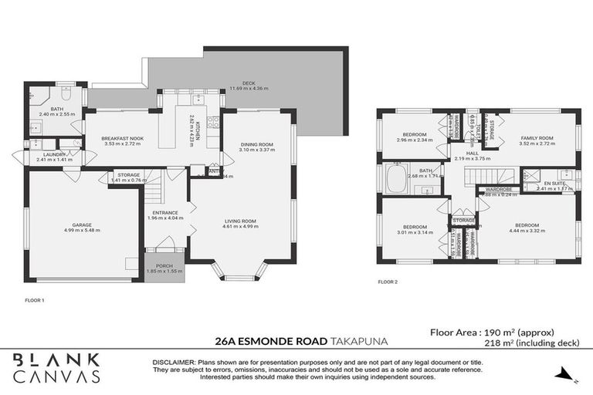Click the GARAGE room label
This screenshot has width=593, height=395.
pyautogui.click(x=82, y=224)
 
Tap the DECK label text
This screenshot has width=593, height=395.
pyautogui.click(x=249, y=83)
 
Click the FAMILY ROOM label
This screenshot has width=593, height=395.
pyautogui.click(x=537, y=138)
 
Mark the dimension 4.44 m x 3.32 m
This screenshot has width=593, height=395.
pyautogui.click(x=527, y=231)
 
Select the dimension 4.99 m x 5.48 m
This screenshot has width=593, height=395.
pyautogui.click(x=82, y=230)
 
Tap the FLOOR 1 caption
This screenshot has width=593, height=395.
pyautogui.click(x=35, y=299)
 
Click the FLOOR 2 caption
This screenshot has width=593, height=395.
pyautogui.click(x=388, y=282)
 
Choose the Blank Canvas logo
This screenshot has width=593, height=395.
pyautogui.click(x=56, y=368)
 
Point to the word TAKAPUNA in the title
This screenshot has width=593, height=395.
pyautogui.click(x=360, y=339)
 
